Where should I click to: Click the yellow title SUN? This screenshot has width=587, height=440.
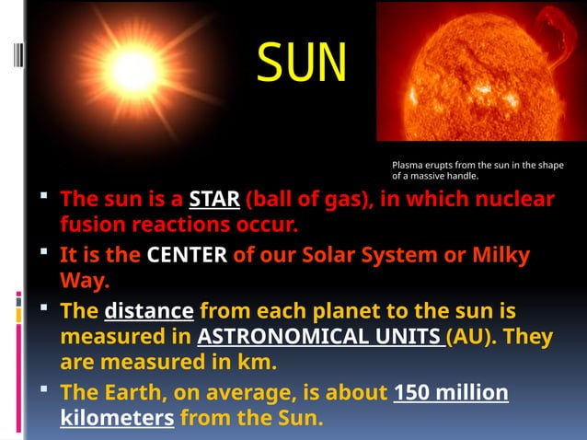pyautogui.click(x=302, y=63)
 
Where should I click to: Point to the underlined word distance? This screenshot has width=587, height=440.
pyautogui.click(x=149, y=310)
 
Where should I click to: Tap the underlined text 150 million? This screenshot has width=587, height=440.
pyautogui.click(x=451, y=393)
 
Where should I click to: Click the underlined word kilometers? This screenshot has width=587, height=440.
pyautogui.click(x=117, y=419)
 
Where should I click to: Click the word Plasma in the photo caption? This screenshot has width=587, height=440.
pyautogui.click(x=407, y=166)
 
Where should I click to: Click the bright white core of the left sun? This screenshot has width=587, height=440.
pyautogui.click(x=133, y=73)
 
